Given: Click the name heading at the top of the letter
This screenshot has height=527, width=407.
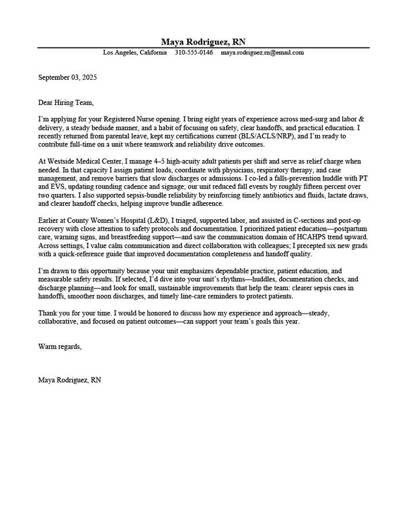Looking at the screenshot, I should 203,42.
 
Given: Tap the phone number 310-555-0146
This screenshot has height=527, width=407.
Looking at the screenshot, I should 194,53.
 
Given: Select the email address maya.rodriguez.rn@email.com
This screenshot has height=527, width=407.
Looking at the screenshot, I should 262,53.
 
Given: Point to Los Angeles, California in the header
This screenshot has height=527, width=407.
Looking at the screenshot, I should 135,53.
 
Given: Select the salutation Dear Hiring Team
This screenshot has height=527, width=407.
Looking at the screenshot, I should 66,103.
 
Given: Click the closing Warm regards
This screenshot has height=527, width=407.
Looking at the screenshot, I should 60,346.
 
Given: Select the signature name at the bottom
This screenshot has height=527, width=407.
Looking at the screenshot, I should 70,380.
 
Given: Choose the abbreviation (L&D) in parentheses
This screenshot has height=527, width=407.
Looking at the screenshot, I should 157,220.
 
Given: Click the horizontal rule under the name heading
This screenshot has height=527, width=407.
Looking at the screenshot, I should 203,47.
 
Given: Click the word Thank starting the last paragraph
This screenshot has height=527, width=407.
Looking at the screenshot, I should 49,314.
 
